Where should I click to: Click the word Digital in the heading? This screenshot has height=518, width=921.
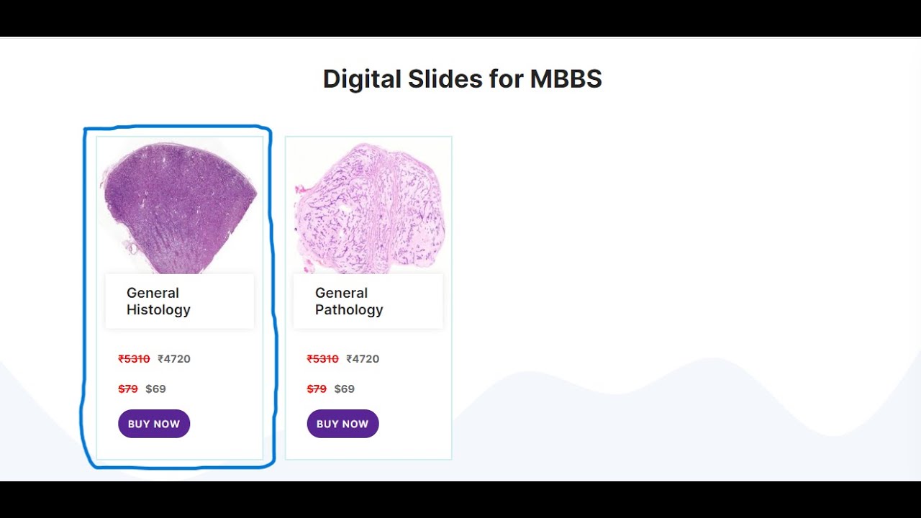point(362,79)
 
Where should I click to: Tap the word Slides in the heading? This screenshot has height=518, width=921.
point(445,79)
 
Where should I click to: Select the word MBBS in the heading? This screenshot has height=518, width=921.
point(566,79)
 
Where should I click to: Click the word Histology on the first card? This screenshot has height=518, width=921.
point(158,310)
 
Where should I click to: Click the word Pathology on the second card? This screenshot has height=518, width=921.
point(349,310)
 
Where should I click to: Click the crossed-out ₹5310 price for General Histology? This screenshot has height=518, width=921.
point(134,359)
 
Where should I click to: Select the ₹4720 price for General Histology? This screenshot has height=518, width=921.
point(174,359)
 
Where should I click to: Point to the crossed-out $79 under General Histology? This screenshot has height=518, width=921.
point(128,389)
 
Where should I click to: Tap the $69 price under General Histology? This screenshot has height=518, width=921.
point(155,389)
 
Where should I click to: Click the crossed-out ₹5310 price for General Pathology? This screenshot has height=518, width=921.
point(322,359)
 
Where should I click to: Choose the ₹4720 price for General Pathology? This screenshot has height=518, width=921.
point(363,359)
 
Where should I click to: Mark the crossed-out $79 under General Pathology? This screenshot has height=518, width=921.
point(317,389)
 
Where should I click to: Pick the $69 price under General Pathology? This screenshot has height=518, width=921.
point(344,389)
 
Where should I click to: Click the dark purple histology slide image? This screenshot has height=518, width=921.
point(179,206)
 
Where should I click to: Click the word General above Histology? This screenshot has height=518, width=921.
point(153,293)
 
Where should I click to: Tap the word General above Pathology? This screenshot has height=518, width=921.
point(341,293)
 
